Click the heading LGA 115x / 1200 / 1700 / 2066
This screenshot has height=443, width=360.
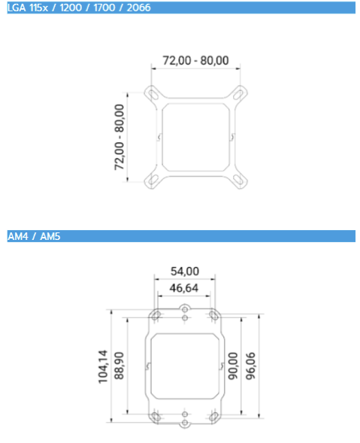tap(79, 8)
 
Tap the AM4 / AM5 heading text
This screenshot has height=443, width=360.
tap(34, 236)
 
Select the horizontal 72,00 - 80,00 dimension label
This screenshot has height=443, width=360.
tap(195, 60)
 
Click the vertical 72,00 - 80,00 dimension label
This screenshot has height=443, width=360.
tap(119, 137)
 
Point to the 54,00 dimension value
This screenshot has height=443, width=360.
tap(185, 272)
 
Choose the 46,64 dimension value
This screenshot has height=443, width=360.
tap(184, 288)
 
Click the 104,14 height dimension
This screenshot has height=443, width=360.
tap(103, 367)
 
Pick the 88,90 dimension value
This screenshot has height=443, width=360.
tap(119, 366)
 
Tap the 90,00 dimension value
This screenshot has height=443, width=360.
tap(233, 366)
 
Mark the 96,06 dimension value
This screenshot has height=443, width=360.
tap(250, 366)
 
